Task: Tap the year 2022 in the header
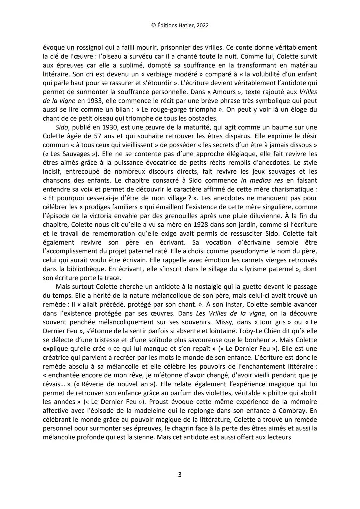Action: (202, 25)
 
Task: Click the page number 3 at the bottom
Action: (180, 474)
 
